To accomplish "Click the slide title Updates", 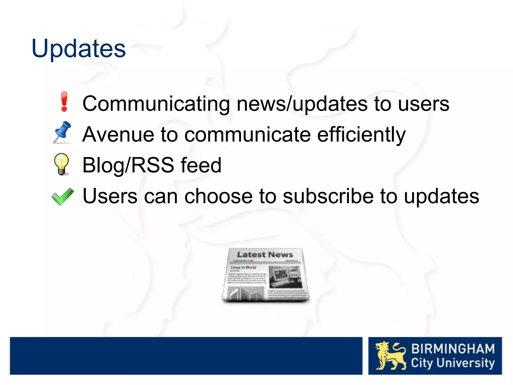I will tap(78, 49).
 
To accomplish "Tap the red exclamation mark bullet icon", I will tap(64, 102).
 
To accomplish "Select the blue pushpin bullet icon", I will tap(62, 132).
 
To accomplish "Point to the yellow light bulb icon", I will tap(61, 164).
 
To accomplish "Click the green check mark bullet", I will tap(63, 196).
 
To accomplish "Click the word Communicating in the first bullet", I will tap(156, 104).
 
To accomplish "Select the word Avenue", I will tap(118, 135).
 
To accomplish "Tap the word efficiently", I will tap(361, 135).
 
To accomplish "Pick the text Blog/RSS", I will tap(128, 165).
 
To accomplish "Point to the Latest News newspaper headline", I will tap(265, 254).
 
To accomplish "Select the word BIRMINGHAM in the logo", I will tap(453, 349).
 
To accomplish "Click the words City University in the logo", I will tap(453, 363).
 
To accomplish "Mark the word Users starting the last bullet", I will tap(110, 196).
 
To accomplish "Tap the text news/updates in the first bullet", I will tap(302, 104).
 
